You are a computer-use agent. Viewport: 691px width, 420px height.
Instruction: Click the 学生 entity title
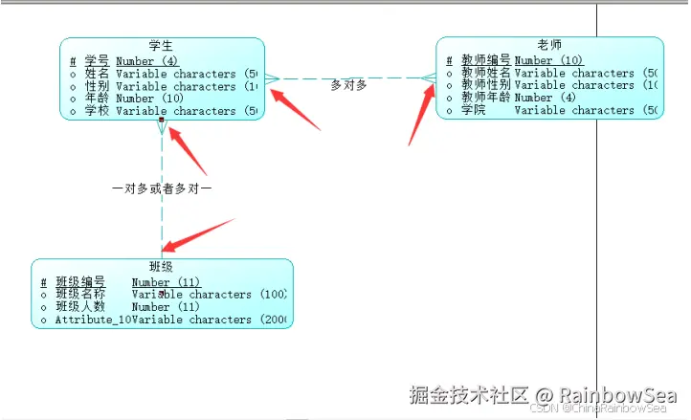[161, 45]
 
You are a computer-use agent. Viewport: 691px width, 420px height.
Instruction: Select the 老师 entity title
[549, 44]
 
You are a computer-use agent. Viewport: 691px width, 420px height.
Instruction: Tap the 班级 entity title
[161, 266]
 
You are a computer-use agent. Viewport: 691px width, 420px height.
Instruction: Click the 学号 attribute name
[97, 60]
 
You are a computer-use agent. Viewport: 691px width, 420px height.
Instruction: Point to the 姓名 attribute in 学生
[97, 73]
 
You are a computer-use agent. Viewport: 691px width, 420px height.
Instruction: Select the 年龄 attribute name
[97, 98]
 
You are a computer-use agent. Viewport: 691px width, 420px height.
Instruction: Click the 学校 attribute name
[97, 110]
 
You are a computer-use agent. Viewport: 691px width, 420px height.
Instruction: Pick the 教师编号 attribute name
[485, 59]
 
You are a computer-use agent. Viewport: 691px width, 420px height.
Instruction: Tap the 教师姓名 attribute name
[485, 72]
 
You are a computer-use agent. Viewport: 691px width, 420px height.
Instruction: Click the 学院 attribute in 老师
[473, 110]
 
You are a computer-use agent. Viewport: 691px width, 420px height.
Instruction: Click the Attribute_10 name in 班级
[92, 320]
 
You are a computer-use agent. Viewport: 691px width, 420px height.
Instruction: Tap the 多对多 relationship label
[348, 84]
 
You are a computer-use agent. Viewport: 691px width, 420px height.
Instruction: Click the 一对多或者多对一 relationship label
[161, 188]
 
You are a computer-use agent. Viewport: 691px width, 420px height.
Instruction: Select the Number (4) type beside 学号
[146, 60]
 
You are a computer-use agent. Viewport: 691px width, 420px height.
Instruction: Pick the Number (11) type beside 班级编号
[165, 282]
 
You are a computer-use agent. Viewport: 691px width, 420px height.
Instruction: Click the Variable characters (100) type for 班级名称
[209, 295]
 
